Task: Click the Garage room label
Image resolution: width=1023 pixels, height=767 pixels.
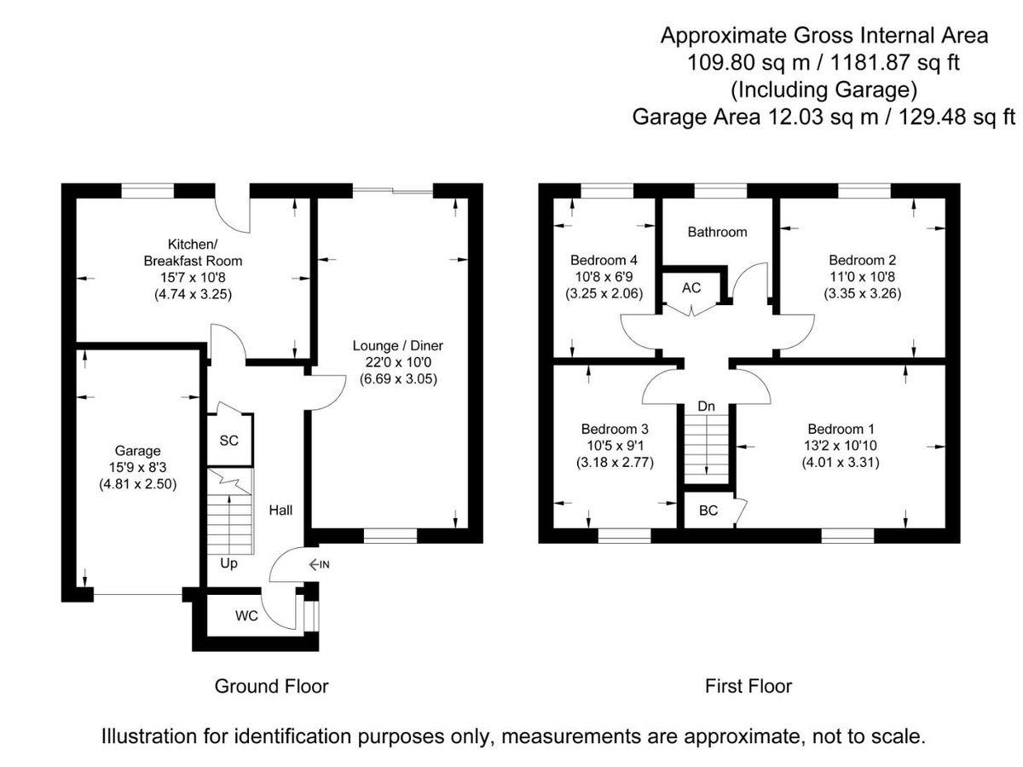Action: pos(138,450)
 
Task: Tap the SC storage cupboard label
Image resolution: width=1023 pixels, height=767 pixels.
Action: pos(229,441)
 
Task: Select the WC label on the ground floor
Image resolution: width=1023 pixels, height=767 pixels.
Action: pos(246,615)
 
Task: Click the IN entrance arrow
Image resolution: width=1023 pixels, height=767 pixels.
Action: pos(320,564)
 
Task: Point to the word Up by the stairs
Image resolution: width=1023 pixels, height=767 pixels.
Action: pos(229,563)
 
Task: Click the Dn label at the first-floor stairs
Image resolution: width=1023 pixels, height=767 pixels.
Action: pos(706,407)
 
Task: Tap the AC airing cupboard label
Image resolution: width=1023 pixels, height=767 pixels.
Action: pos(691,288)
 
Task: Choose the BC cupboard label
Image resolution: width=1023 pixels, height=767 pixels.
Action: pos(708,511)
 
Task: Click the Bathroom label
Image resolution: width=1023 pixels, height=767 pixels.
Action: pos(717,232)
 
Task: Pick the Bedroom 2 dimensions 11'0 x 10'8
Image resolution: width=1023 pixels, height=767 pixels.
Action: pos(862,277)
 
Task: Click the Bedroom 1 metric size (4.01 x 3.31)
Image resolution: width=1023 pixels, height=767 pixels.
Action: pos(840,463)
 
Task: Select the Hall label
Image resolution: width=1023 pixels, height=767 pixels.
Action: pos(281,510)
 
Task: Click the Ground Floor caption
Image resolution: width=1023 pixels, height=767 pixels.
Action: pos(271,686)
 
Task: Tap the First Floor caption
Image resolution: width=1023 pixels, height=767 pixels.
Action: pos(748,686)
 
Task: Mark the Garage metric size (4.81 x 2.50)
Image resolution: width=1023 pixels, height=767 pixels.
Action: pos(138,484)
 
